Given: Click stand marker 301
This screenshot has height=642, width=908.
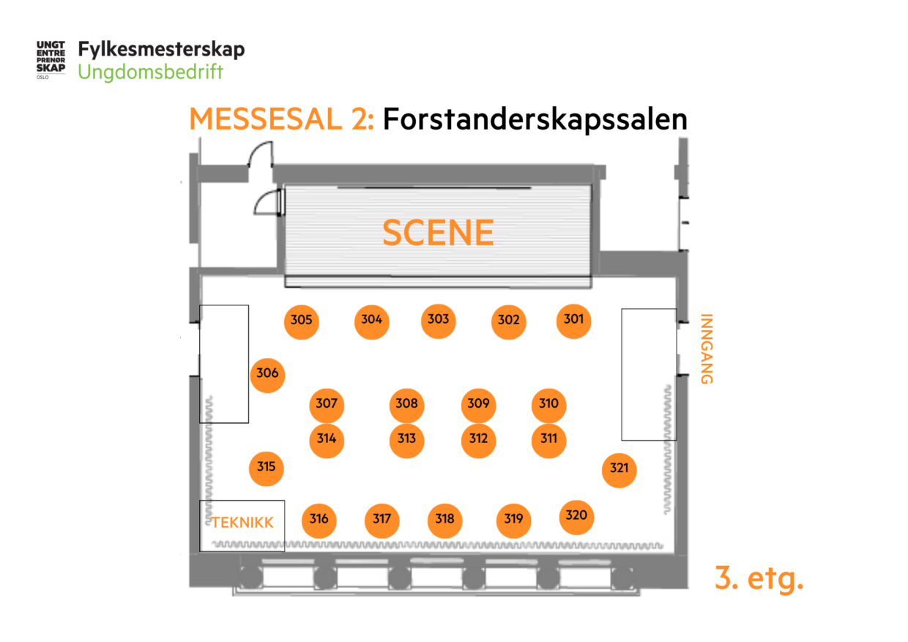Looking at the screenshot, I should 573,320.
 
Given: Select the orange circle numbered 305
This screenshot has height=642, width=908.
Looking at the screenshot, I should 301,321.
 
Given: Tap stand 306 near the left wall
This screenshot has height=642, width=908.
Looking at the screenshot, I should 267,374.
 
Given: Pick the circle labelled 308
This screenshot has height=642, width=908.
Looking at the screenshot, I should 406,404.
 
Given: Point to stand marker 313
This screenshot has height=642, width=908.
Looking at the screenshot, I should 406,439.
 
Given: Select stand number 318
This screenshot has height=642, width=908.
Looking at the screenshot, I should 444,520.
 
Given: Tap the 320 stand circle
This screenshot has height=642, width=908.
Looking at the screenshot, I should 576,516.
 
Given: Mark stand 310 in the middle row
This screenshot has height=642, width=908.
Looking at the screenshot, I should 548,404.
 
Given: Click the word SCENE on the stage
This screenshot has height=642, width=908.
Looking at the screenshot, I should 438,233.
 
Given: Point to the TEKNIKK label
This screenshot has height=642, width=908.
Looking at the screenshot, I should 242,523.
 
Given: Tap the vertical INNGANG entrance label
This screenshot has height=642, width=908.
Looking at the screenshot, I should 706,349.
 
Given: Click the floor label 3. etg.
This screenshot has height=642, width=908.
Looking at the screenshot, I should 759,579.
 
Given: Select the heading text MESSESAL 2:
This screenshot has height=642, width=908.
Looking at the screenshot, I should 282,119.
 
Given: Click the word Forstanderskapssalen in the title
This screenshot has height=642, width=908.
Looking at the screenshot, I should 535,119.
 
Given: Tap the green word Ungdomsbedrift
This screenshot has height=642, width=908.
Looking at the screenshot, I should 150,72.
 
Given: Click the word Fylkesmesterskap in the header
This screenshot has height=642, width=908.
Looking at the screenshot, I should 161,50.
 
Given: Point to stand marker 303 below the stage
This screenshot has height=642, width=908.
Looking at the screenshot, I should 438,320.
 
